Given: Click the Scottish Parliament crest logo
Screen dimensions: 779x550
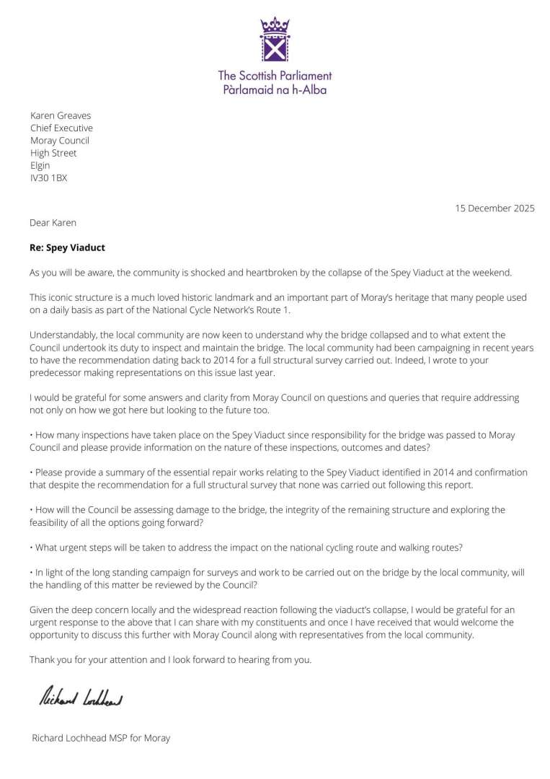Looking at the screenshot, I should [274, 42].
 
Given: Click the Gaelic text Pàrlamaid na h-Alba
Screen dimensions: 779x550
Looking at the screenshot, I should [275, 89].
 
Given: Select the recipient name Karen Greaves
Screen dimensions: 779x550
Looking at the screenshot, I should [61, 115].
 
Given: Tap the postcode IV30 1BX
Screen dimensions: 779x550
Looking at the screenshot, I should [48, 177].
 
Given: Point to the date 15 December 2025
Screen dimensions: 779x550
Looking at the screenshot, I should [494, 208].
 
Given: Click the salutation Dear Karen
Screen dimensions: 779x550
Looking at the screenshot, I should [53, 222].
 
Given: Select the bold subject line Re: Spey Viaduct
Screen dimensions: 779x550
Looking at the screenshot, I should [67, 247].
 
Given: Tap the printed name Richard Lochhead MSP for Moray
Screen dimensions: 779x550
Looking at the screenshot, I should [101, 738].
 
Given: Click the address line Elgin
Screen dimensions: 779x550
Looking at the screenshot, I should [40, 165].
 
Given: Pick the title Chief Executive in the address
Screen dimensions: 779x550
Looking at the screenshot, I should [61, 128].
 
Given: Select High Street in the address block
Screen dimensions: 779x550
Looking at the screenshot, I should [53, 153].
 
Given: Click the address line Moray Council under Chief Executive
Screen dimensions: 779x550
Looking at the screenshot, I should [60, 141].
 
